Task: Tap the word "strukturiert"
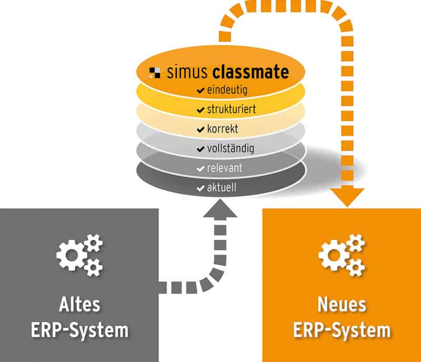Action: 231,110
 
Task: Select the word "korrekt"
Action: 223,129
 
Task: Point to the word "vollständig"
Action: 230,149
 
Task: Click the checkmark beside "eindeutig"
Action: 200,91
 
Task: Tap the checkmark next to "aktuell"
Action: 200,188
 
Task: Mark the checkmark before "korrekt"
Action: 200,130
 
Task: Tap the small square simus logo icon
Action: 155,72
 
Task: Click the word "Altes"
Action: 79,305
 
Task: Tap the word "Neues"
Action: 342,305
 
